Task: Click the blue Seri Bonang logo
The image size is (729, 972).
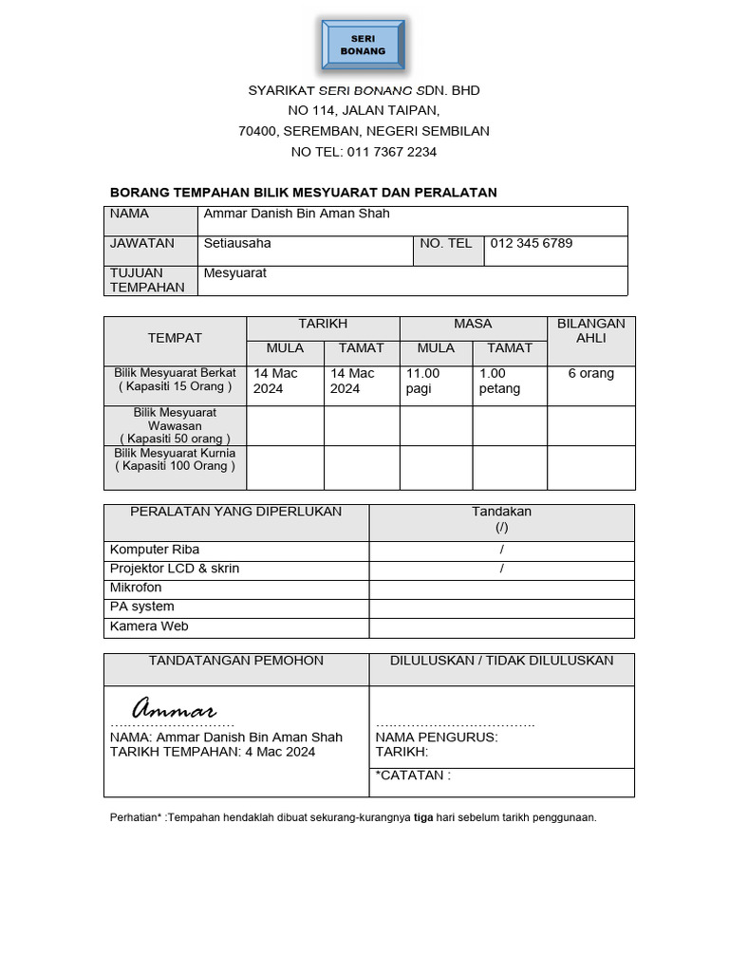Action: tap(364, 45)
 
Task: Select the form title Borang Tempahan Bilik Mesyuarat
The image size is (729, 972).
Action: tap(304, 193)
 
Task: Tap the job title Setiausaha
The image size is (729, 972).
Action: tap(237, 243)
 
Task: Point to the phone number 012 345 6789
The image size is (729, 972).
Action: tap(531, 243)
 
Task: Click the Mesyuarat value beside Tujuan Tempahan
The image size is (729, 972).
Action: tap(235, 273)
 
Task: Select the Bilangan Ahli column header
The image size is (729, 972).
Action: tap(590, 330)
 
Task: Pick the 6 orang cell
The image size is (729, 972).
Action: tap(590, 374)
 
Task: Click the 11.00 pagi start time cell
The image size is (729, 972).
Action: tap(423, 381)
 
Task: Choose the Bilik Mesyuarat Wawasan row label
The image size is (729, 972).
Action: tap(175, 425)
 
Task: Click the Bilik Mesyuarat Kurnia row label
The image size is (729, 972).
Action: tap(175, 459)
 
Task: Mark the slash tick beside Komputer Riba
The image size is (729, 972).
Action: tap(501, 551)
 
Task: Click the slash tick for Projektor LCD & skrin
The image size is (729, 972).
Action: tap(501, 570)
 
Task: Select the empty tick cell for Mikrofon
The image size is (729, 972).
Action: tap(501, 589)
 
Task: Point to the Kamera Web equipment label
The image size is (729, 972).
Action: tap(149, 626)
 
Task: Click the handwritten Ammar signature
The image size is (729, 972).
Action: tap(175, 709)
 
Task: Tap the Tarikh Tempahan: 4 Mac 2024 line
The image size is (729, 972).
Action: tap(213, 752)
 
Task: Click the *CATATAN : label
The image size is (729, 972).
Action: tap(413, 776)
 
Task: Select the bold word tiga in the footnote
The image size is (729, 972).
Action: tap(423, 817)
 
